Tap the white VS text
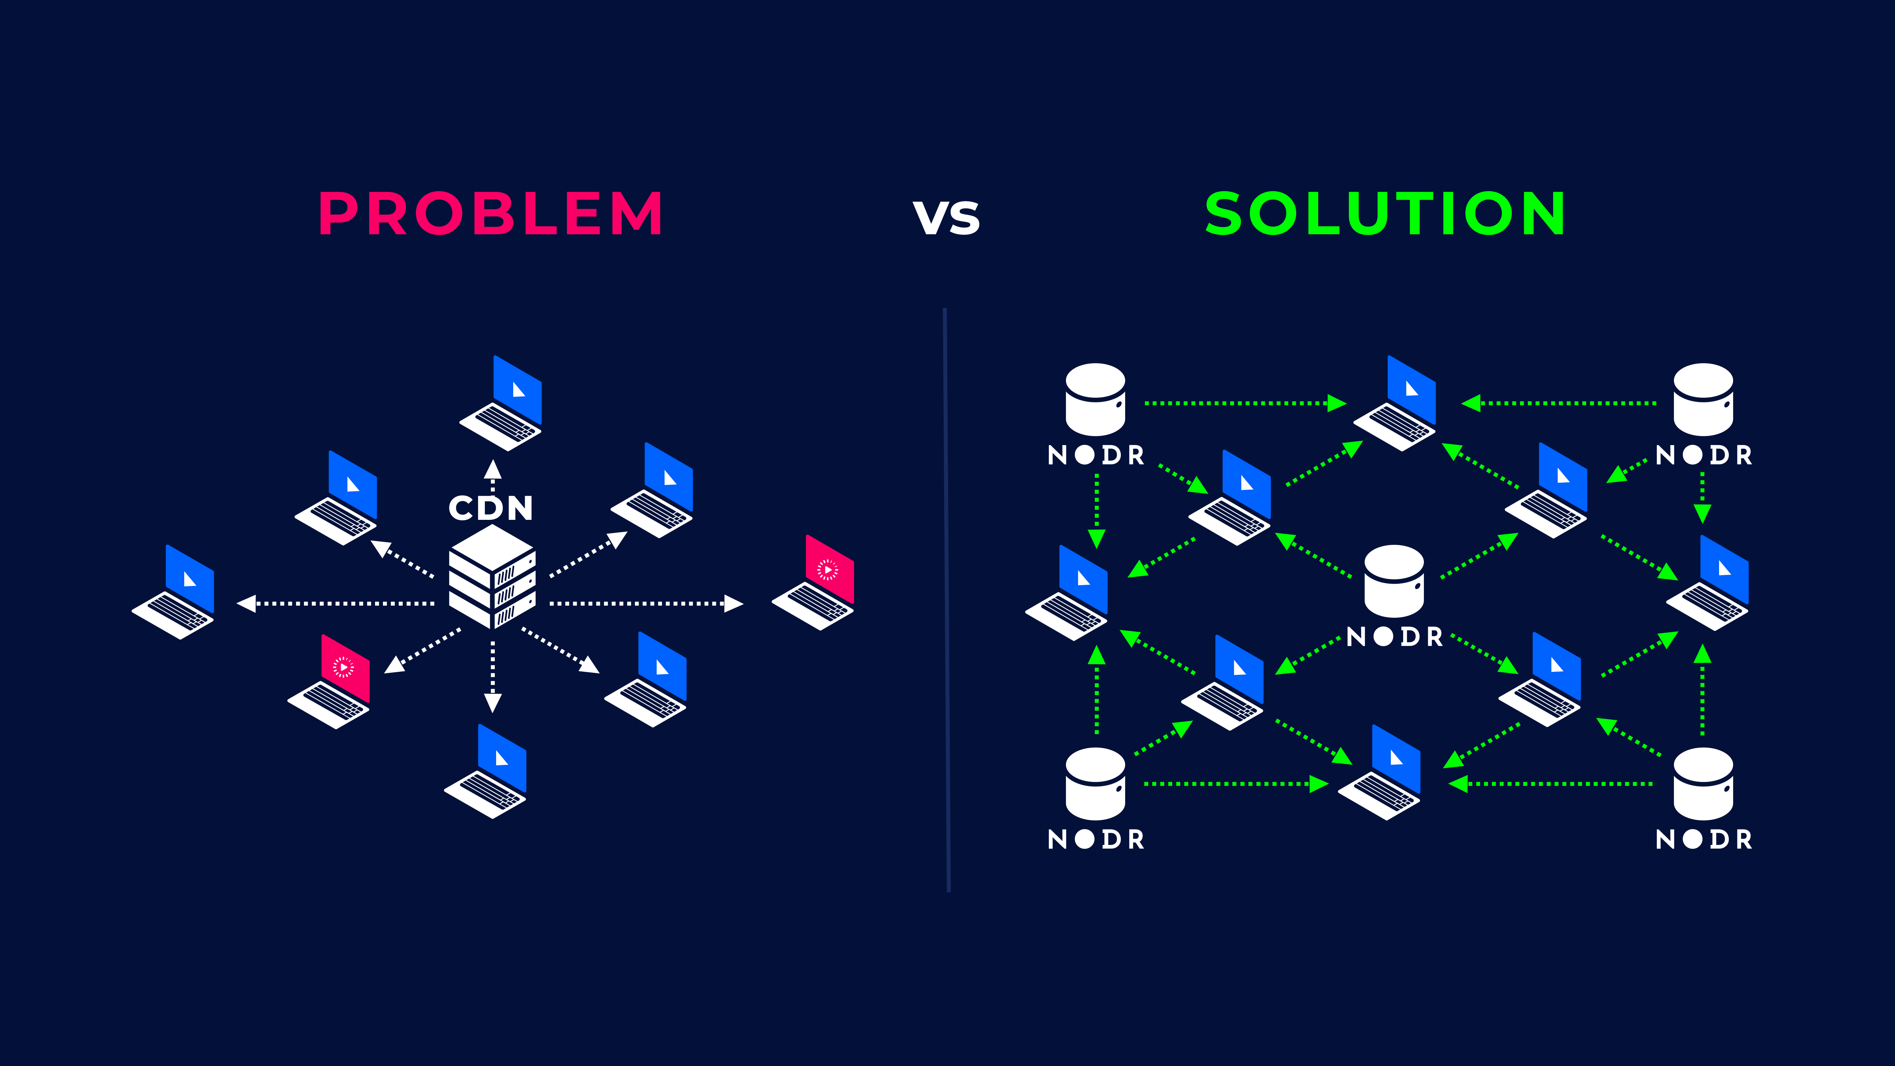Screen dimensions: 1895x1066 click(x=947, y=218)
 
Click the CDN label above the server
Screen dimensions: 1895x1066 click(x=491, y=508)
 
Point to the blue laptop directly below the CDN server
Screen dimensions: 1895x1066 click(x=486, y=771)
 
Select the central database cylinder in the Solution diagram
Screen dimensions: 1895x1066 click(x=1394, y=581)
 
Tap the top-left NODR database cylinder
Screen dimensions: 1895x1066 click(x=1095, y=399)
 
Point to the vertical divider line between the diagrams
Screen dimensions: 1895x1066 click(x=947, y=599)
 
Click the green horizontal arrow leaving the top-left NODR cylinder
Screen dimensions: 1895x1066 click(x=1246, y=403)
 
